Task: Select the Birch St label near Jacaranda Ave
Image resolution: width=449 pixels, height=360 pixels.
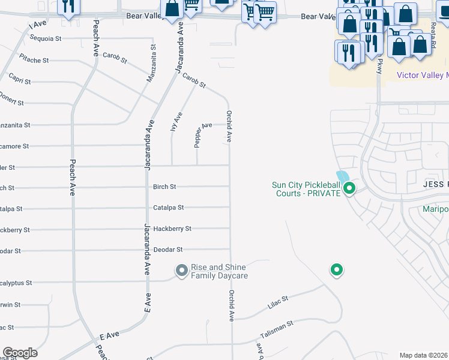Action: tap(164, 187)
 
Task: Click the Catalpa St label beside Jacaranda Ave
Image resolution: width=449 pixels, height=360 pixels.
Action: tap(168, 208)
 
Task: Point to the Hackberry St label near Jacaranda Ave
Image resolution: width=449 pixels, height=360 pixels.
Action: tap(172, 229)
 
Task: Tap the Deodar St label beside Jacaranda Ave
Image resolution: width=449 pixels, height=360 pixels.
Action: tap(167, 250)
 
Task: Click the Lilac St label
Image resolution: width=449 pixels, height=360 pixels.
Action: tap(277, 303)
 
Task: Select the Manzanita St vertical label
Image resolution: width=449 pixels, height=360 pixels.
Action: tap(152, 63)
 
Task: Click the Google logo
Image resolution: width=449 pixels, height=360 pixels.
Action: tap(20, 353)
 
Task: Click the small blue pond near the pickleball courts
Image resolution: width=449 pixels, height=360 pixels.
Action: tap(343, 178)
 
